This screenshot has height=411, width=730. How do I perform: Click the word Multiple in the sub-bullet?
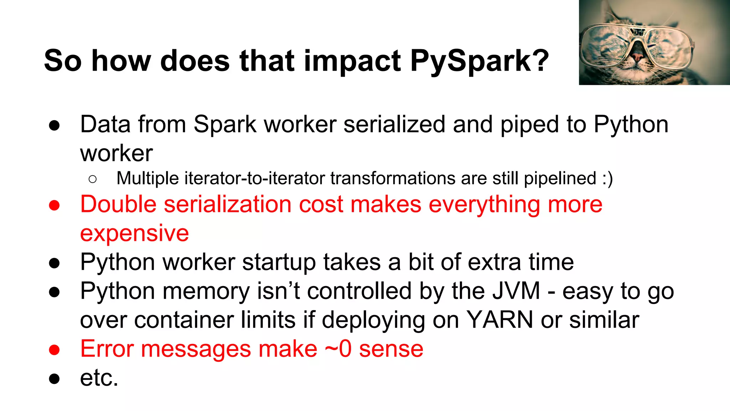pyautogui.click(x=148, y=178)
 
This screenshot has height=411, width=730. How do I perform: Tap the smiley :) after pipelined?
pyautogui.click(x=607, y=178)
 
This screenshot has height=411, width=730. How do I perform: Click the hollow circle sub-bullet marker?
pyautogui.click(x=93, y=179)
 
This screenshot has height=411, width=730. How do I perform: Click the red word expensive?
pyautogui.click(x=134, y=234)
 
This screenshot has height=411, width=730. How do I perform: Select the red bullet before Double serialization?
pyautogui.click(x=54, y=205)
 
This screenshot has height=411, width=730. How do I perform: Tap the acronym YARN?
pyautogui.click(x=500, y=320)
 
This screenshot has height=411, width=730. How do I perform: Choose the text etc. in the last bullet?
pyautogui.click(x=99, y=378)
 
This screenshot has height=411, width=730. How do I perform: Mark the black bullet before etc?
pyautogui.click(x=54, y=379)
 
